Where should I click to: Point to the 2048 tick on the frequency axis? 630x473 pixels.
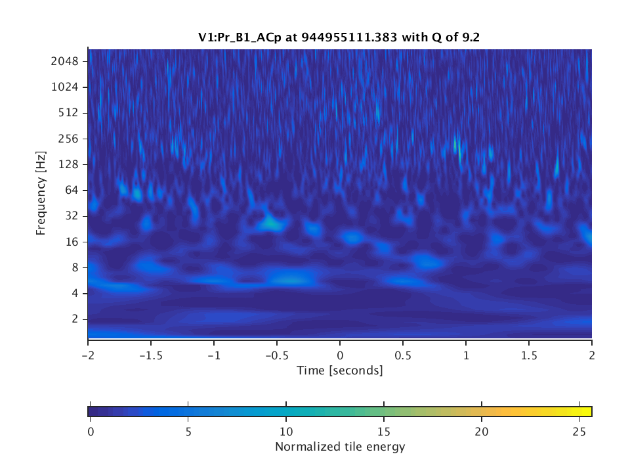click(x=65, y=61)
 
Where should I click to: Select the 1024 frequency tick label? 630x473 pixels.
click(x=65, y=87)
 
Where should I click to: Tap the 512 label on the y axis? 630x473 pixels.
click(x=68, y=112)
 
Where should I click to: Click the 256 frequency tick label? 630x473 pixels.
click(x=68, y=139)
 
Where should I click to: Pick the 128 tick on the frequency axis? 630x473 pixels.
click(x=68, y=164)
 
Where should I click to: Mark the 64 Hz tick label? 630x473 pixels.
click(x=71, y=190)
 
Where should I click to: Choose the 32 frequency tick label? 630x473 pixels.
click(x=71, y=215)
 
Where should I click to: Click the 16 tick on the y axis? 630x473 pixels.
click(x=71, y=242)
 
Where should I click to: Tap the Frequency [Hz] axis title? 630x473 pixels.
click(x=41, y=194)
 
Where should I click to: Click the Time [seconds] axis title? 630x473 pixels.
click(x=339, y=371)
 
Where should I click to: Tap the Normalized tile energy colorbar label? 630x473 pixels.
click(x=339, y=447)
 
